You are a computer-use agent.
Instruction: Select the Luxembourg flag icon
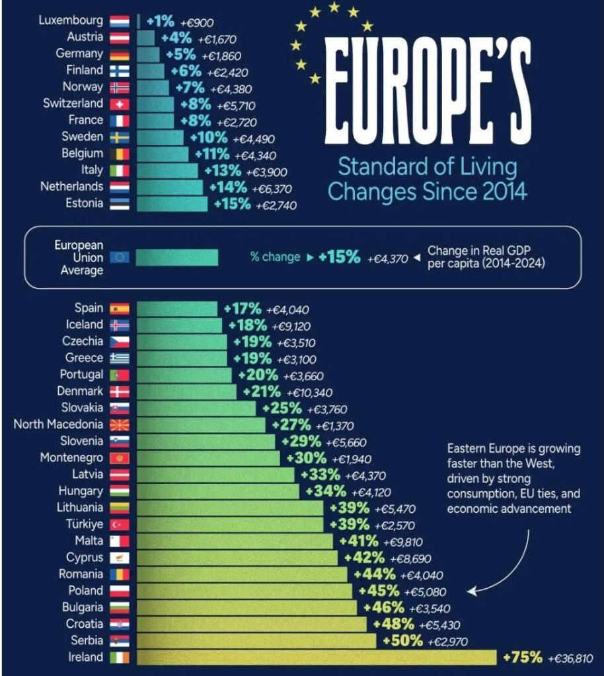(x=120, y=20)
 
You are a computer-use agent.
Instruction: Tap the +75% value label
(x=523, y=658)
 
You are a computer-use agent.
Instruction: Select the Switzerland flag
(x=120, y=104)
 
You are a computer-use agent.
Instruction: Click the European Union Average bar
(x=176, y=257)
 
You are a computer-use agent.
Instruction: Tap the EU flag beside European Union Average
(x=120, y=257)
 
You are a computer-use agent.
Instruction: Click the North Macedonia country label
(x=58, y=424)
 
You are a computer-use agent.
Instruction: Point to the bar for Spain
(x=176, y=308)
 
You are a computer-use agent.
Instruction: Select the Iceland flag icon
(x=120, y=325)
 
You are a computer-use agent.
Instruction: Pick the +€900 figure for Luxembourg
(x=194, y=22)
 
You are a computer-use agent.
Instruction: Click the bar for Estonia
(x=172, y=203)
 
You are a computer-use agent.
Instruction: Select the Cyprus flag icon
(x=120, y=558)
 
